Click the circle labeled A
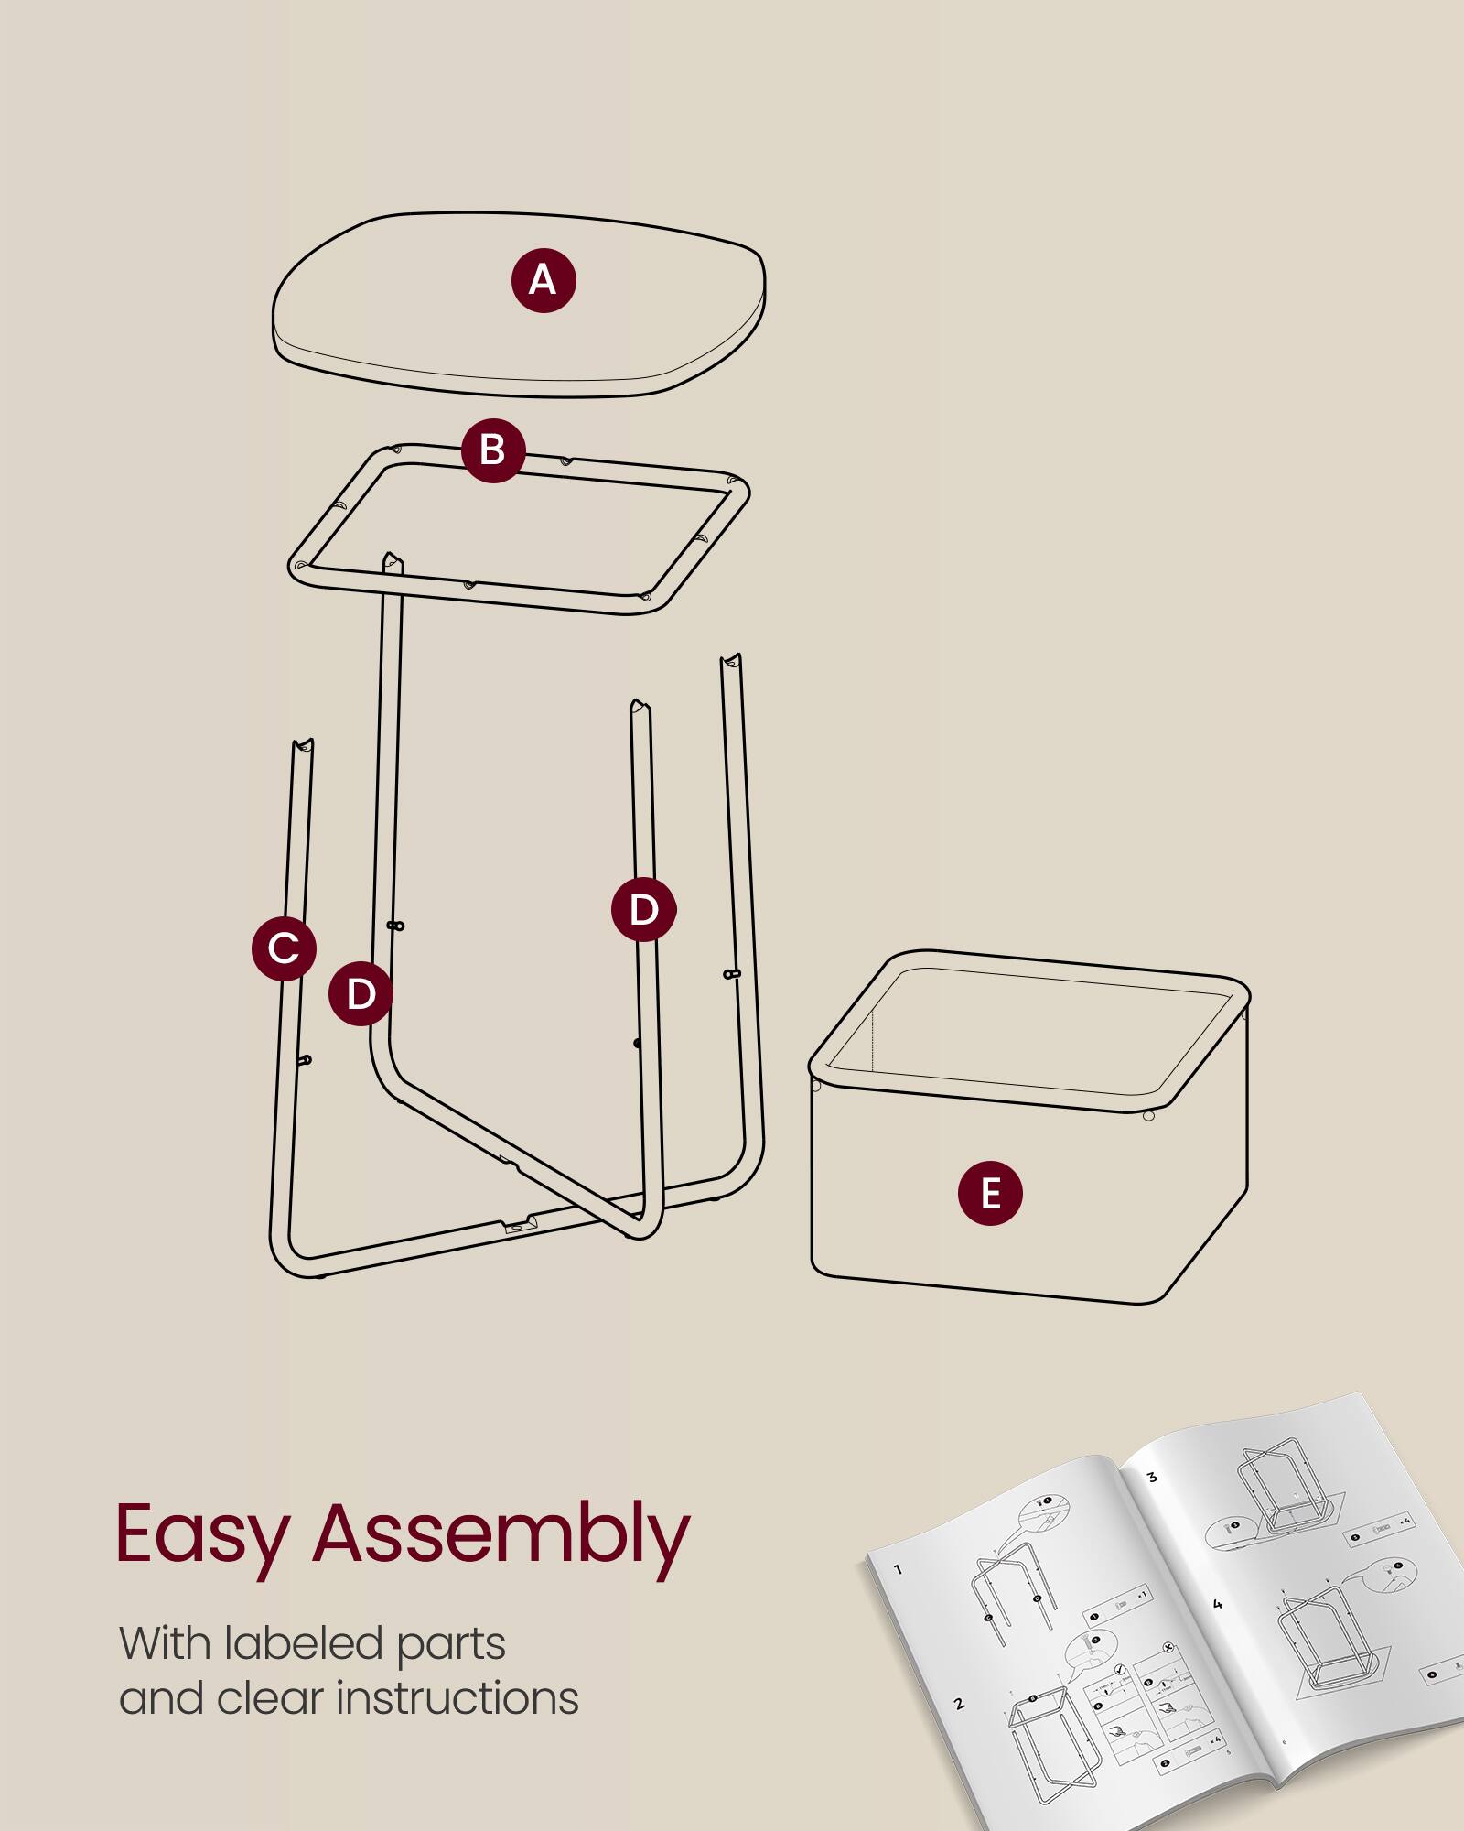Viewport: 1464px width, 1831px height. (x=544, y=280)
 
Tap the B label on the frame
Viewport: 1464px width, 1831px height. (x=493, y=450)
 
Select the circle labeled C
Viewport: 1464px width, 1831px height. (x=284, y=948)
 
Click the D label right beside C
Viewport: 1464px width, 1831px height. (x=361, y=994)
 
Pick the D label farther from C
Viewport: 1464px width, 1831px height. (x=644, y=910)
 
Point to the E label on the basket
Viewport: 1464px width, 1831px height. (x=990, y=1194)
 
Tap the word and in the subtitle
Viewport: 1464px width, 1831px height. (x=160, y=1699)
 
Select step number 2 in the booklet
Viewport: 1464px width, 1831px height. (x=959, y=1704)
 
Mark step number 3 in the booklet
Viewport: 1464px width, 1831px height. (x=1152, y=1477)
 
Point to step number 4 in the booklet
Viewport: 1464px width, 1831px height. (x=1217, y=1604)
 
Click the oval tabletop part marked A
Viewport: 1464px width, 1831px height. (x=412, y=311)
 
